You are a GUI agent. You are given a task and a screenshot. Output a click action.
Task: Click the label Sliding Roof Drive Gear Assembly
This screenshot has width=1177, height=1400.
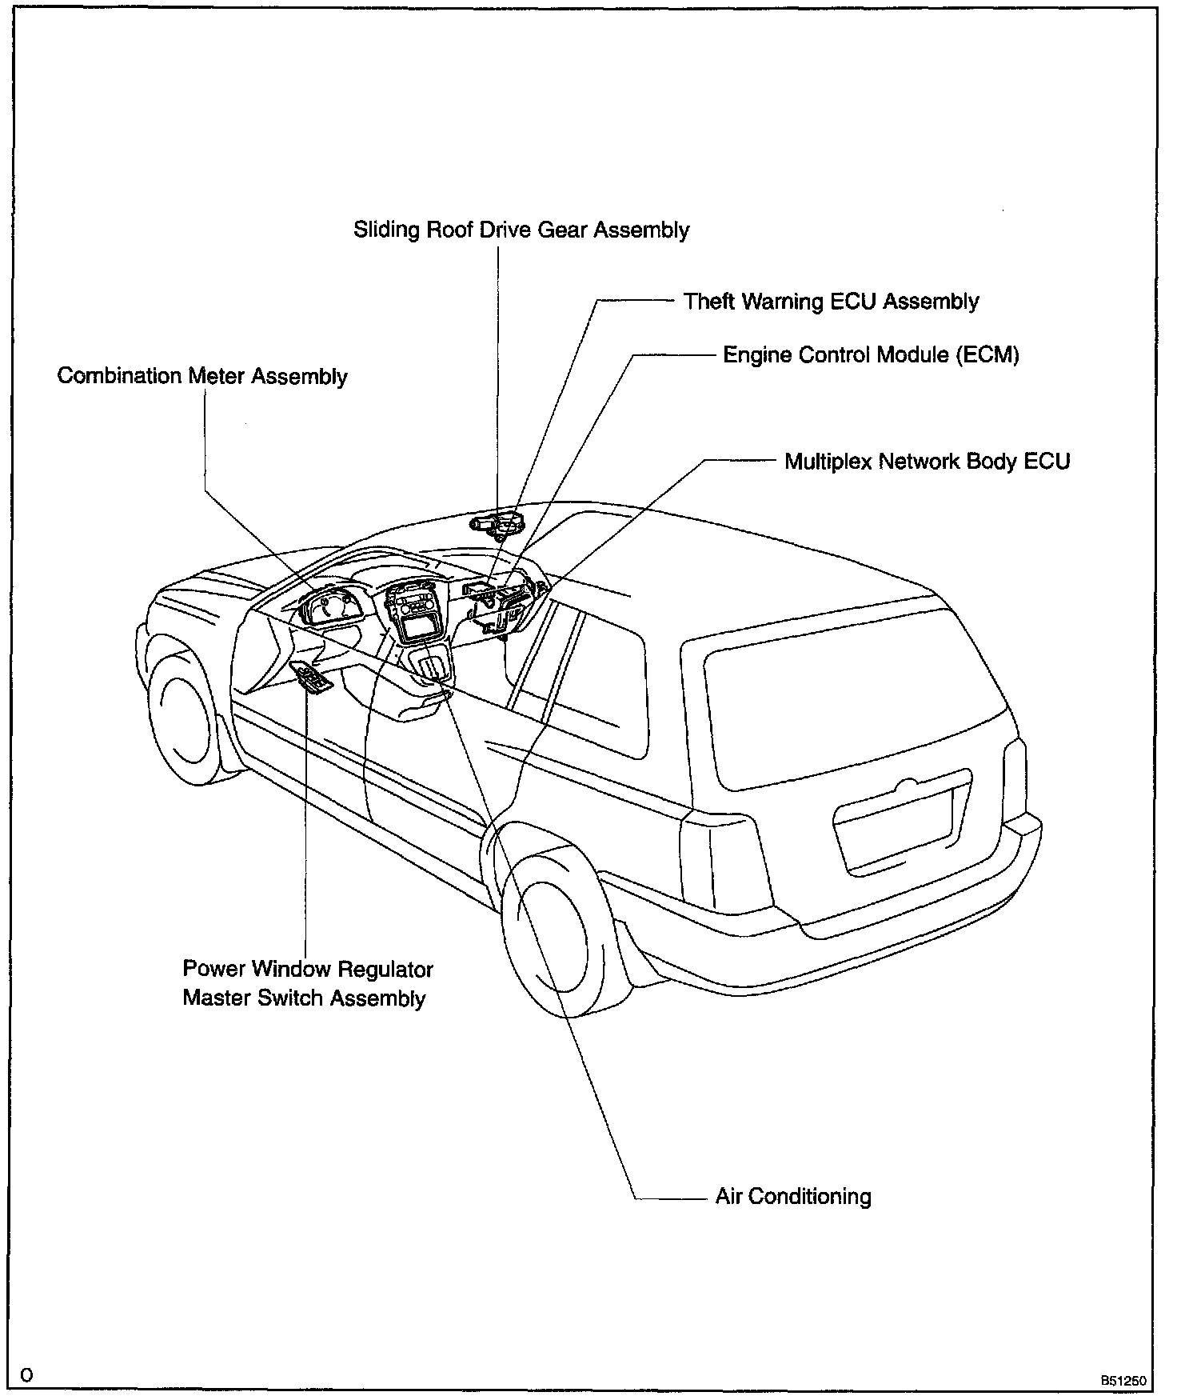point(521,230)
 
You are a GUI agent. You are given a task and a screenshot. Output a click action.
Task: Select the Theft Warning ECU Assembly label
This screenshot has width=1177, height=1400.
point(831,302)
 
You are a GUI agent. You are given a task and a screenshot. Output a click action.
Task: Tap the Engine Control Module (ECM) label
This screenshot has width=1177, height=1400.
point(871,354)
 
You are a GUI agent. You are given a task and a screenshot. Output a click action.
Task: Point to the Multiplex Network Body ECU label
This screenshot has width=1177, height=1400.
point(927,462)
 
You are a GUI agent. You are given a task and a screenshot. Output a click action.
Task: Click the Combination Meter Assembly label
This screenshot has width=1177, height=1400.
point(202,376)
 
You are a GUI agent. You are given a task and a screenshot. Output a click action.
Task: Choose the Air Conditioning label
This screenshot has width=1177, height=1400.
point(793,1197)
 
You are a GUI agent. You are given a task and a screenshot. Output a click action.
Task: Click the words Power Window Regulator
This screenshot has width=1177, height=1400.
point(308,970)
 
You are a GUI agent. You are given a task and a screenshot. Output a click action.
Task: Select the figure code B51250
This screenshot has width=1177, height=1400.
point(1123,1380)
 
